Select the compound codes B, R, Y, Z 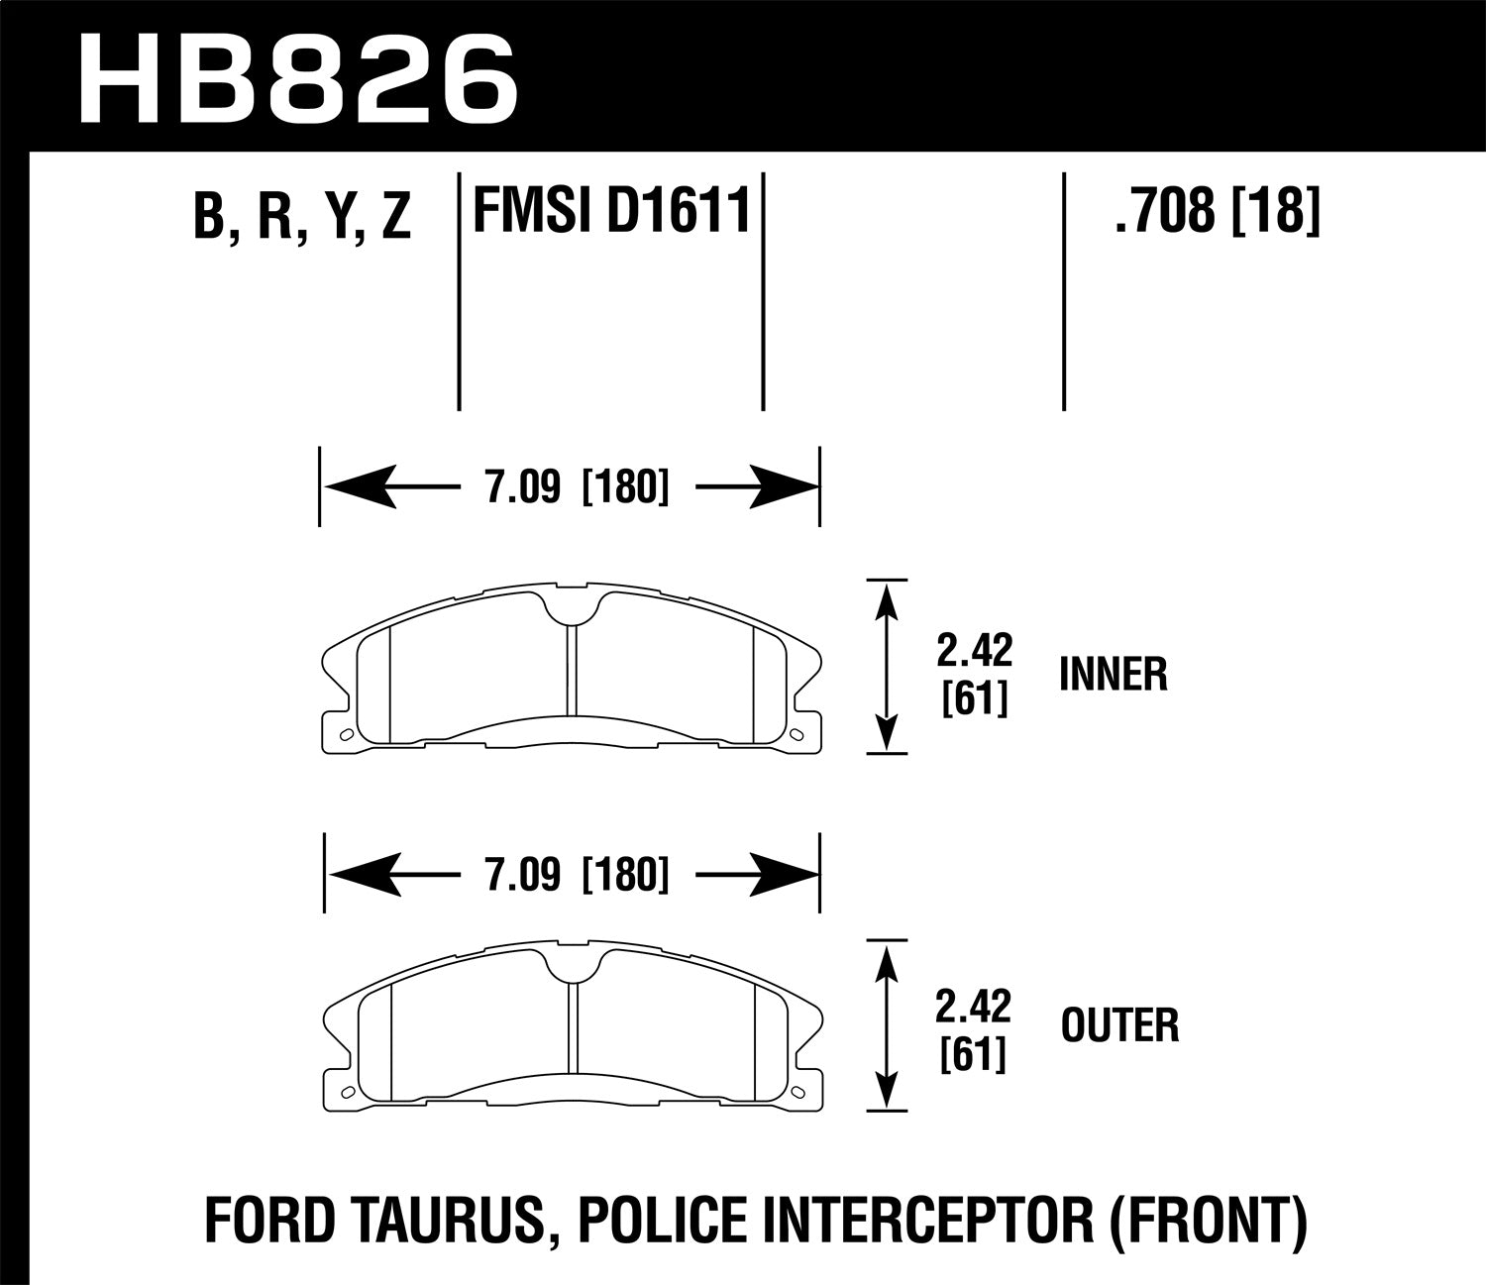tap(301, 215)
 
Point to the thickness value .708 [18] tap(1217, 211)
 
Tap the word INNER tap(1113, 675)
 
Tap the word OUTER tap(1119, 1025)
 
